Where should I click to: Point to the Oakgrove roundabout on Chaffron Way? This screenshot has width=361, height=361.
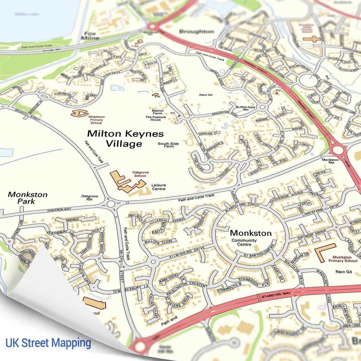(111, 204)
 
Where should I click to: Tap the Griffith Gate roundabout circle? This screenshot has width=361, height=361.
(262, 107)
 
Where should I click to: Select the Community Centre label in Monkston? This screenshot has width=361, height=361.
(244, 242)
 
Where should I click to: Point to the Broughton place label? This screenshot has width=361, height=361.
(196, 31)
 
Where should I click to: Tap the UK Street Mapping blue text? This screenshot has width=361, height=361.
(48, 343)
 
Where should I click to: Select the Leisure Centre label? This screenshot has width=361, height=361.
(158, 187)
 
